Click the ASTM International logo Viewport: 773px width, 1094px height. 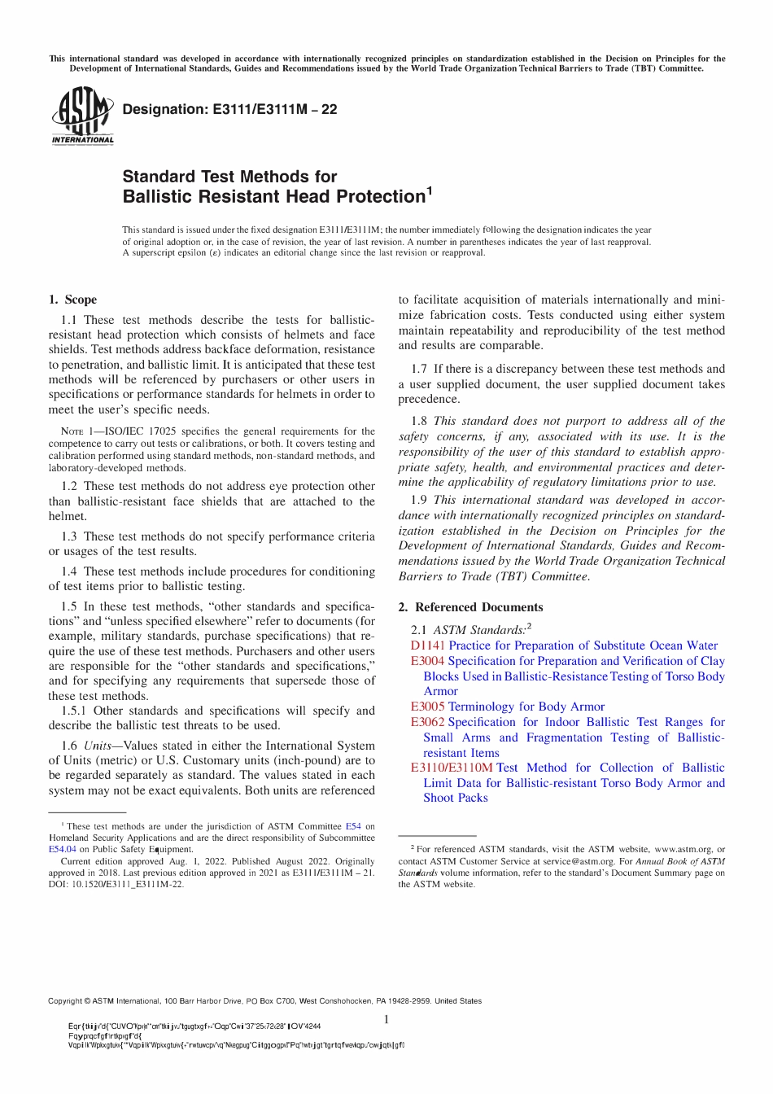(82, 116)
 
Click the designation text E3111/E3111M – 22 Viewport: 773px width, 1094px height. (229, 109)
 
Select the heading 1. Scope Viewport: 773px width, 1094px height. (72, 300)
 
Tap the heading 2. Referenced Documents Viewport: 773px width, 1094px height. (470, 607)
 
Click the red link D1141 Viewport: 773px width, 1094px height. (427, 645)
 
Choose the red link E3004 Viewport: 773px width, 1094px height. (427, 661)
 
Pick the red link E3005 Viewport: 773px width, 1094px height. (427, 707)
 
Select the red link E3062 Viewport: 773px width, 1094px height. (427, 722)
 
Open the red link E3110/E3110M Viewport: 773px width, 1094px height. (452, 768)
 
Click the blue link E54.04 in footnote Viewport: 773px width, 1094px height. (63, 849)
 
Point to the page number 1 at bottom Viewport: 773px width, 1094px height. (386, 1020)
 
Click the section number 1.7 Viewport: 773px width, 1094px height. (419, 369)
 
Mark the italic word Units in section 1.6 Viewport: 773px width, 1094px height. (98, 746)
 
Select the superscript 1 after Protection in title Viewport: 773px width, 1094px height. (430, 191)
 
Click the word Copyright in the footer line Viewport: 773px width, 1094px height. (69, 1001)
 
